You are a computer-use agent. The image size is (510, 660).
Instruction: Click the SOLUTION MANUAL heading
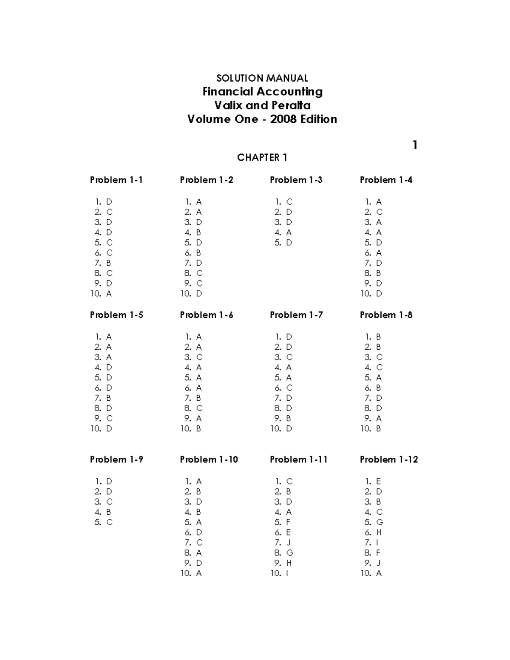262,78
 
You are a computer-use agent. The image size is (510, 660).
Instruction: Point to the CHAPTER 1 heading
262,158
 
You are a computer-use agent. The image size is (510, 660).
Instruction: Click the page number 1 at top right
415,145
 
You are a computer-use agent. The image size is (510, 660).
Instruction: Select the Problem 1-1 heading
116,180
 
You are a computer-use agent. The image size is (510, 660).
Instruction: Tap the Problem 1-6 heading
206,315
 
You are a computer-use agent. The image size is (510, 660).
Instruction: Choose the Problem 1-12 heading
388,459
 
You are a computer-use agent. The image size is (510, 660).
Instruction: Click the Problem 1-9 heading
116,459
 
